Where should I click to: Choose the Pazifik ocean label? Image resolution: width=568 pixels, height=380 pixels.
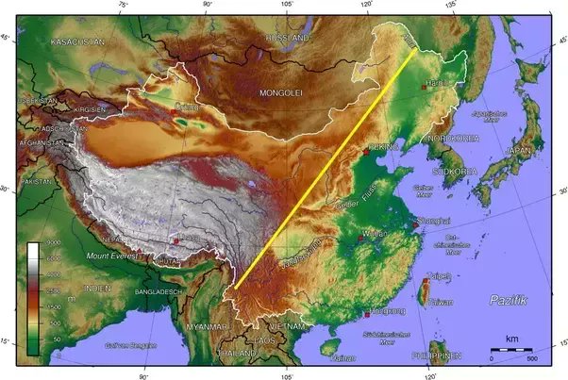point(509,299)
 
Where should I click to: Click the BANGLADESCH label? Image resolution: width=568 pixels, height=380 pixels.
point(158,292)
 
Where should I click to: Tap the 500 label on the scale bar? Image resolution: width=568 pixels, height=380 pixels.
point(533,359)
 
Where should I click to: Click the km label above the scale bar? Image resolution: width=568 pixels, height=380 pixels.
point(511,338)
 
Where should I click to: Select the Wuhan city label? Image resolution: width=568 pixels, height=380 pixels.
point(376,232)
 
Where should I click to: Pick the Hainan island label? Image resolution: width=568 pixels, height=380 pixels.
point(344,358)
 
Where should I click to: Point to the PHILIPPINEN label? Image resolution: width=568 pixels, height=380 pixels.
point(435,355)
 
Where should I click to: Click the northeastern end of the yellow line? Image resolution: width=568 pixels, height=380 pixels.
point(416,48)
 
